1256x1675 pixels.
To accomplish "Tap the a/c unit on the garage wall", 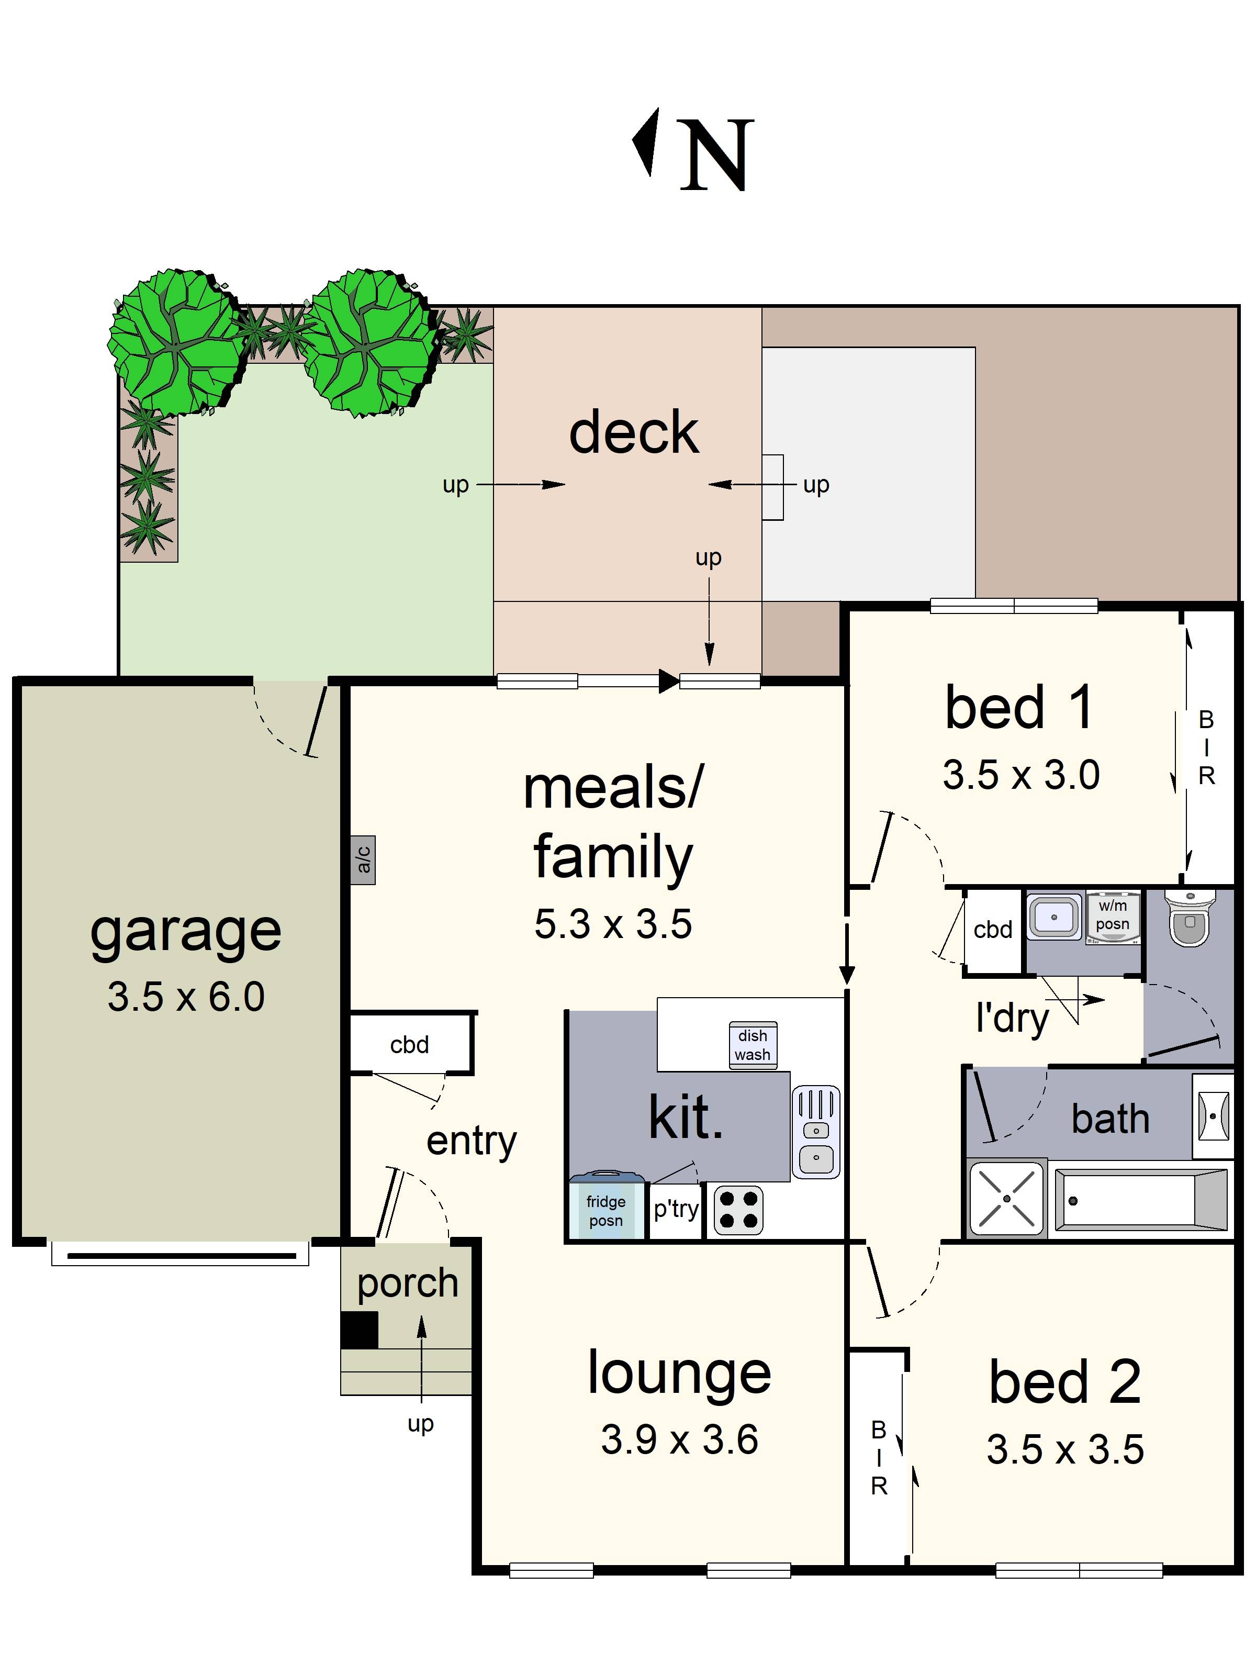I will point(363,859).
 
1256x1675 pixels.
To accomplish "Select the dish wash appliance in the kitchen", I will point(753,1045).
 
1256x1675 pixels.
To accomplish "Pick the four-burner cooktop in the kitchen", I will point(738,1209).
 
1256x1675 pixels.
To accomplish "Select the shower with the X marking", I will point(1006,1199).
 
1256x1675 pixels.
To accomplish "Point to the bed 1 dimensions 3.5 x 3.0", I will point(1020,775).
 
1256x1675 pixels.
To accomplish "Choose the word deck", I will point(634,432).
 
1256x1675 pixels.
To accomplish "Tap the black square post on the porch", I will point(359,1330).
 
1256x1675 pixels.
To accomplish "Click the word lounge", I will point(679,1373).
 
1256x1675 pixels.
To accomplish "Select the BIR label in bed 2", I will point(878,1458).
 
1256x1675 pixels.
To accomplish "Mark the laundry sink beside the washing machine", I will point(1053,917).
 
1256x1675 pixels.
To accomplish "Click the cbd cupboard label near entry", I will point(409,1045).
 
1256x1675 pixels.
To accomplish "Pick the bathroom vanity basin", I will point(1213,1115).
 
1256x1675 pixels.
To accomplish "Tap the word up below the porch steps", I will point(421,1424).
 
